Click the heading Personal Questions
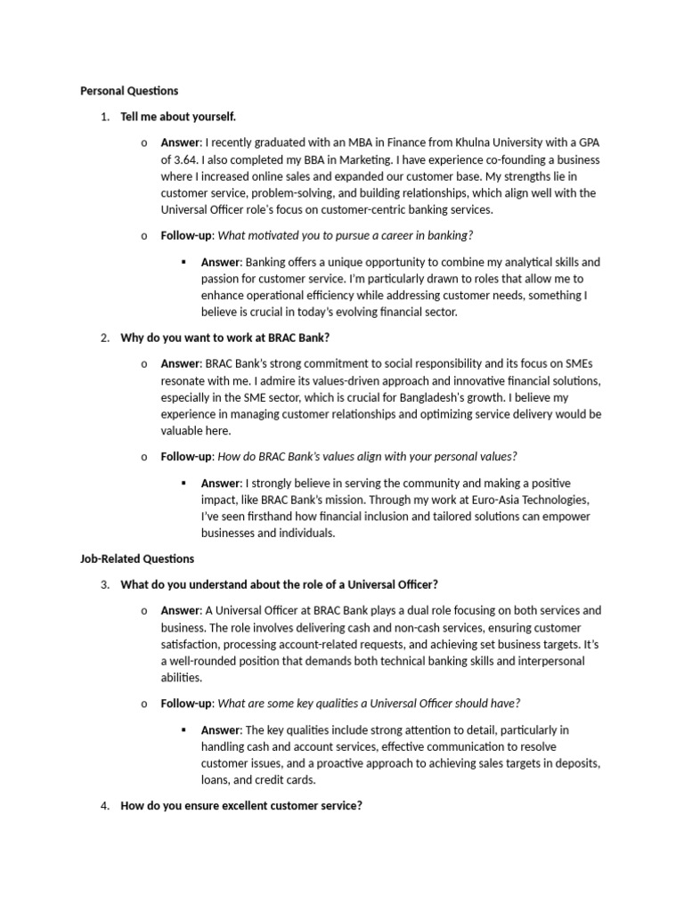[129, 91]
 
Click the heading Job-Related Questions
[137, 558]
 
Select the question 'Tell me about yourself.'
[178, 117]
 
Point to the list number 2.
[104, 338]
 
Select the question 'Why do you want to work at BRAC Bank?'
[231, 338]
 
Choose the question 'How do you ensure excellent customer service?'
[241, 806]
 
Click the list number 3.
[104, 584]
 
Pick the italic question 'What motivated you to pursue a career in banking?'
[346, 235]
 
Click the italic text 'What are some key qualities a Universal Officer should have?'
[369, 703]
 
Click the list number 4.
[104, 806]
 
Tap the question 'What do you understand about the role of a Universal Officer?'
[279, 584]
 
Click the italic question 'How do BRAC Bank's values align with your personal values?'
[367, 456]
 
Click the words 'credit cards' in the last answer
[287, 779]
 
